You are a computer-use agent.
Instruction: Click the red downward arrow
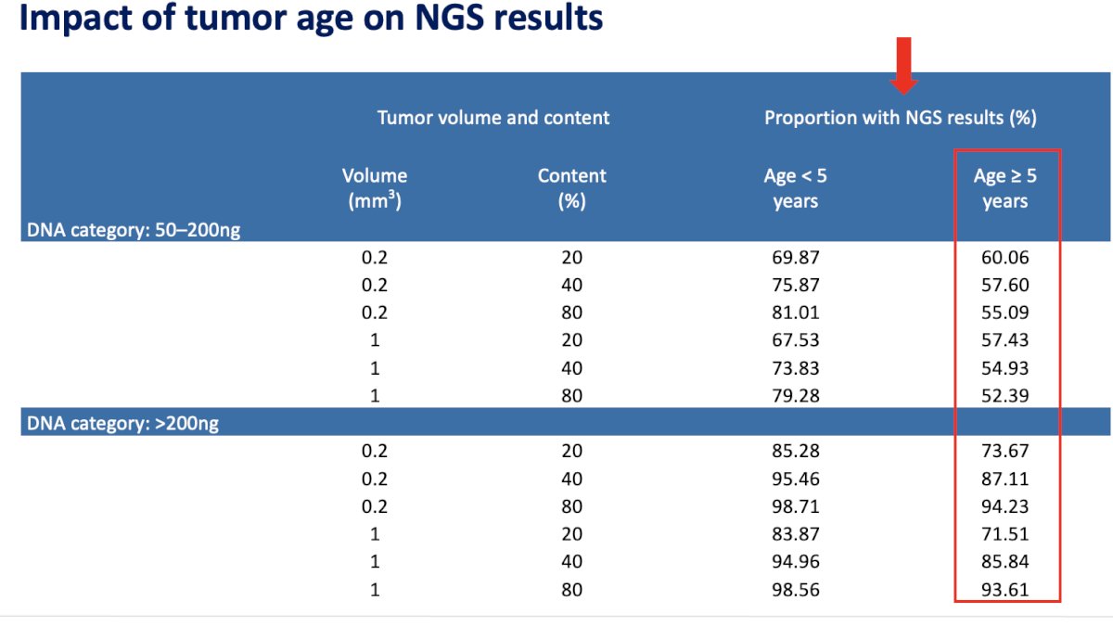(x=903, y=65)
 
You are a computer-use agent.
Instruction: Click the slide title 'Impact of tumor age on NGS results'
(x=311, y=18)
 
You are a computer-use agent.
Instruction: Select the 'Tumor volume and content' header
(x=493, y=118)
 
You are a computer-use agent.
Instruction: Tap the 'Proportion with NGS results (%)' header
(x=901, y=118)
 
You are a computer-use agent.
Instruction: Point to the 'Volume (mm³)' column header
(x=375, y=188)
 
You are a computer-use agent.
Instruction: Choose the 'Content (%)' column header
(x=572, y=188)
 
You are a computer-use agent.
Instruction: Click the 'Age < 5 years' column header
(x=795, y=188)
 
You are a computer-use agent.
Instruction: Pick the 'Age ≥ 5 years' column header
(x=1004, y=188)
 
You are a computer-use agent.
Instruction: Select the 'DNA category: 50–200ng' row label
(x=134, y=230)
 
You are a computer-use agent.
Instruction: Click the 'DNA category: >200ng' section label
(x=122, y=423)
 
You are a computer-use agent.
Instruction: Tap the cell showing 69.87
(x=795, y=258)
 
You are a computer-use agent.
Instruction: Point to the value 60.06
(x=1004, y=258)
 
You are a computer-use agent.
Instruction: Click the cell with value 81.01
(x=795, y=313)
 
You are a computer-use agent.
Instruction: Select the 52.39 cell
(x=1004, y=395)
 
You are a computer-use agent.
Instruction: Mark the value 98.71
(x=795, y=506)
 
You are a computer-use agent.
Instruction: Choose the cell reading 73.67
(x=1004, y=451)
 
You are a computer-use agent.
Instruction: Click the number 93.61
(x=1004, y=590)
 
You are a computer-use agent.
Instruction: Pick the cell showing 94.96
(x=795, y=561)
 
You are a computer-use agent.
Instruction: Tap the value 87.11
(x=1004, y=479)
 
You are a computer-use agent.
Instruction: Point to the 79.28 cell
(x=795, y=395)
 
